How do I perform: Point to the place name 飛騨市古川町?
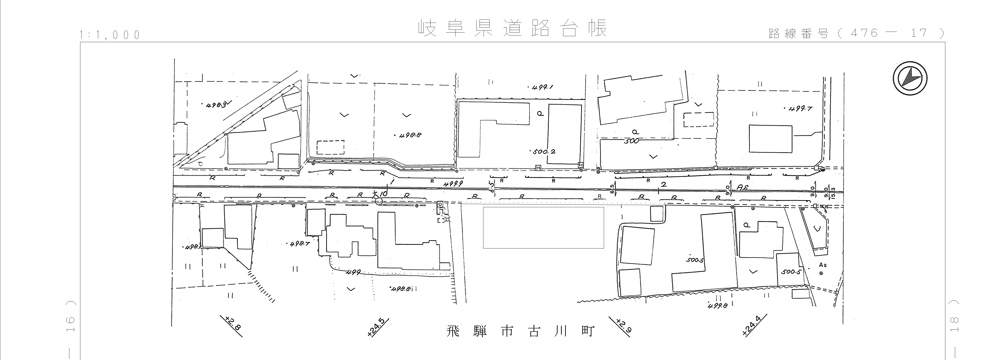(x=520, y=331)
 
